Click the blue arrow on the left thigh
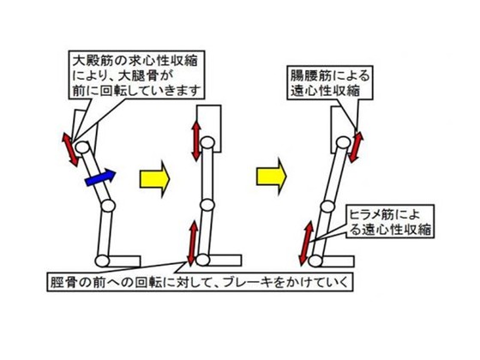point(100,177)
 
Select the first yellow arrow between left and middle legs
point(154,179)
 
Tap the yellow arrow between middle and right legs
point(271,177)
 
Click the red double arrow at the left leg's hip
point(70,150)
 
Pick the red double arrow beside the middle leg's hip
point(196,141)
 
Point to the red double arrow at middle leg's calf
point(192,243)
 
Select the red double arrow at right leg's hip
point(356,147)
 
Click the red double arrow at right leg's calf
point(306,243)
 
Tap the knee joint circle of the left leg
point(108,206)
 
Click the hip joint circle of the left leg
point(82,147)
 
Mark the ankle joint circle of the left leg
point(102,261)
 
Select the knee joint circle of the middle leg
point(207,205)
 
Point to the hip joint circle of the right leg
point(344,142)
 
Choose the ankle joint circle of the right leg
point(315,261)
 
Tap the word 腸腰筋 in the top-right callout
point(312,75)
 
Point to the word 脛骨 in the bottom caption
point(63,282)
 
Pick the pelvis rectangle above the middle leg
point(209,129)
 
